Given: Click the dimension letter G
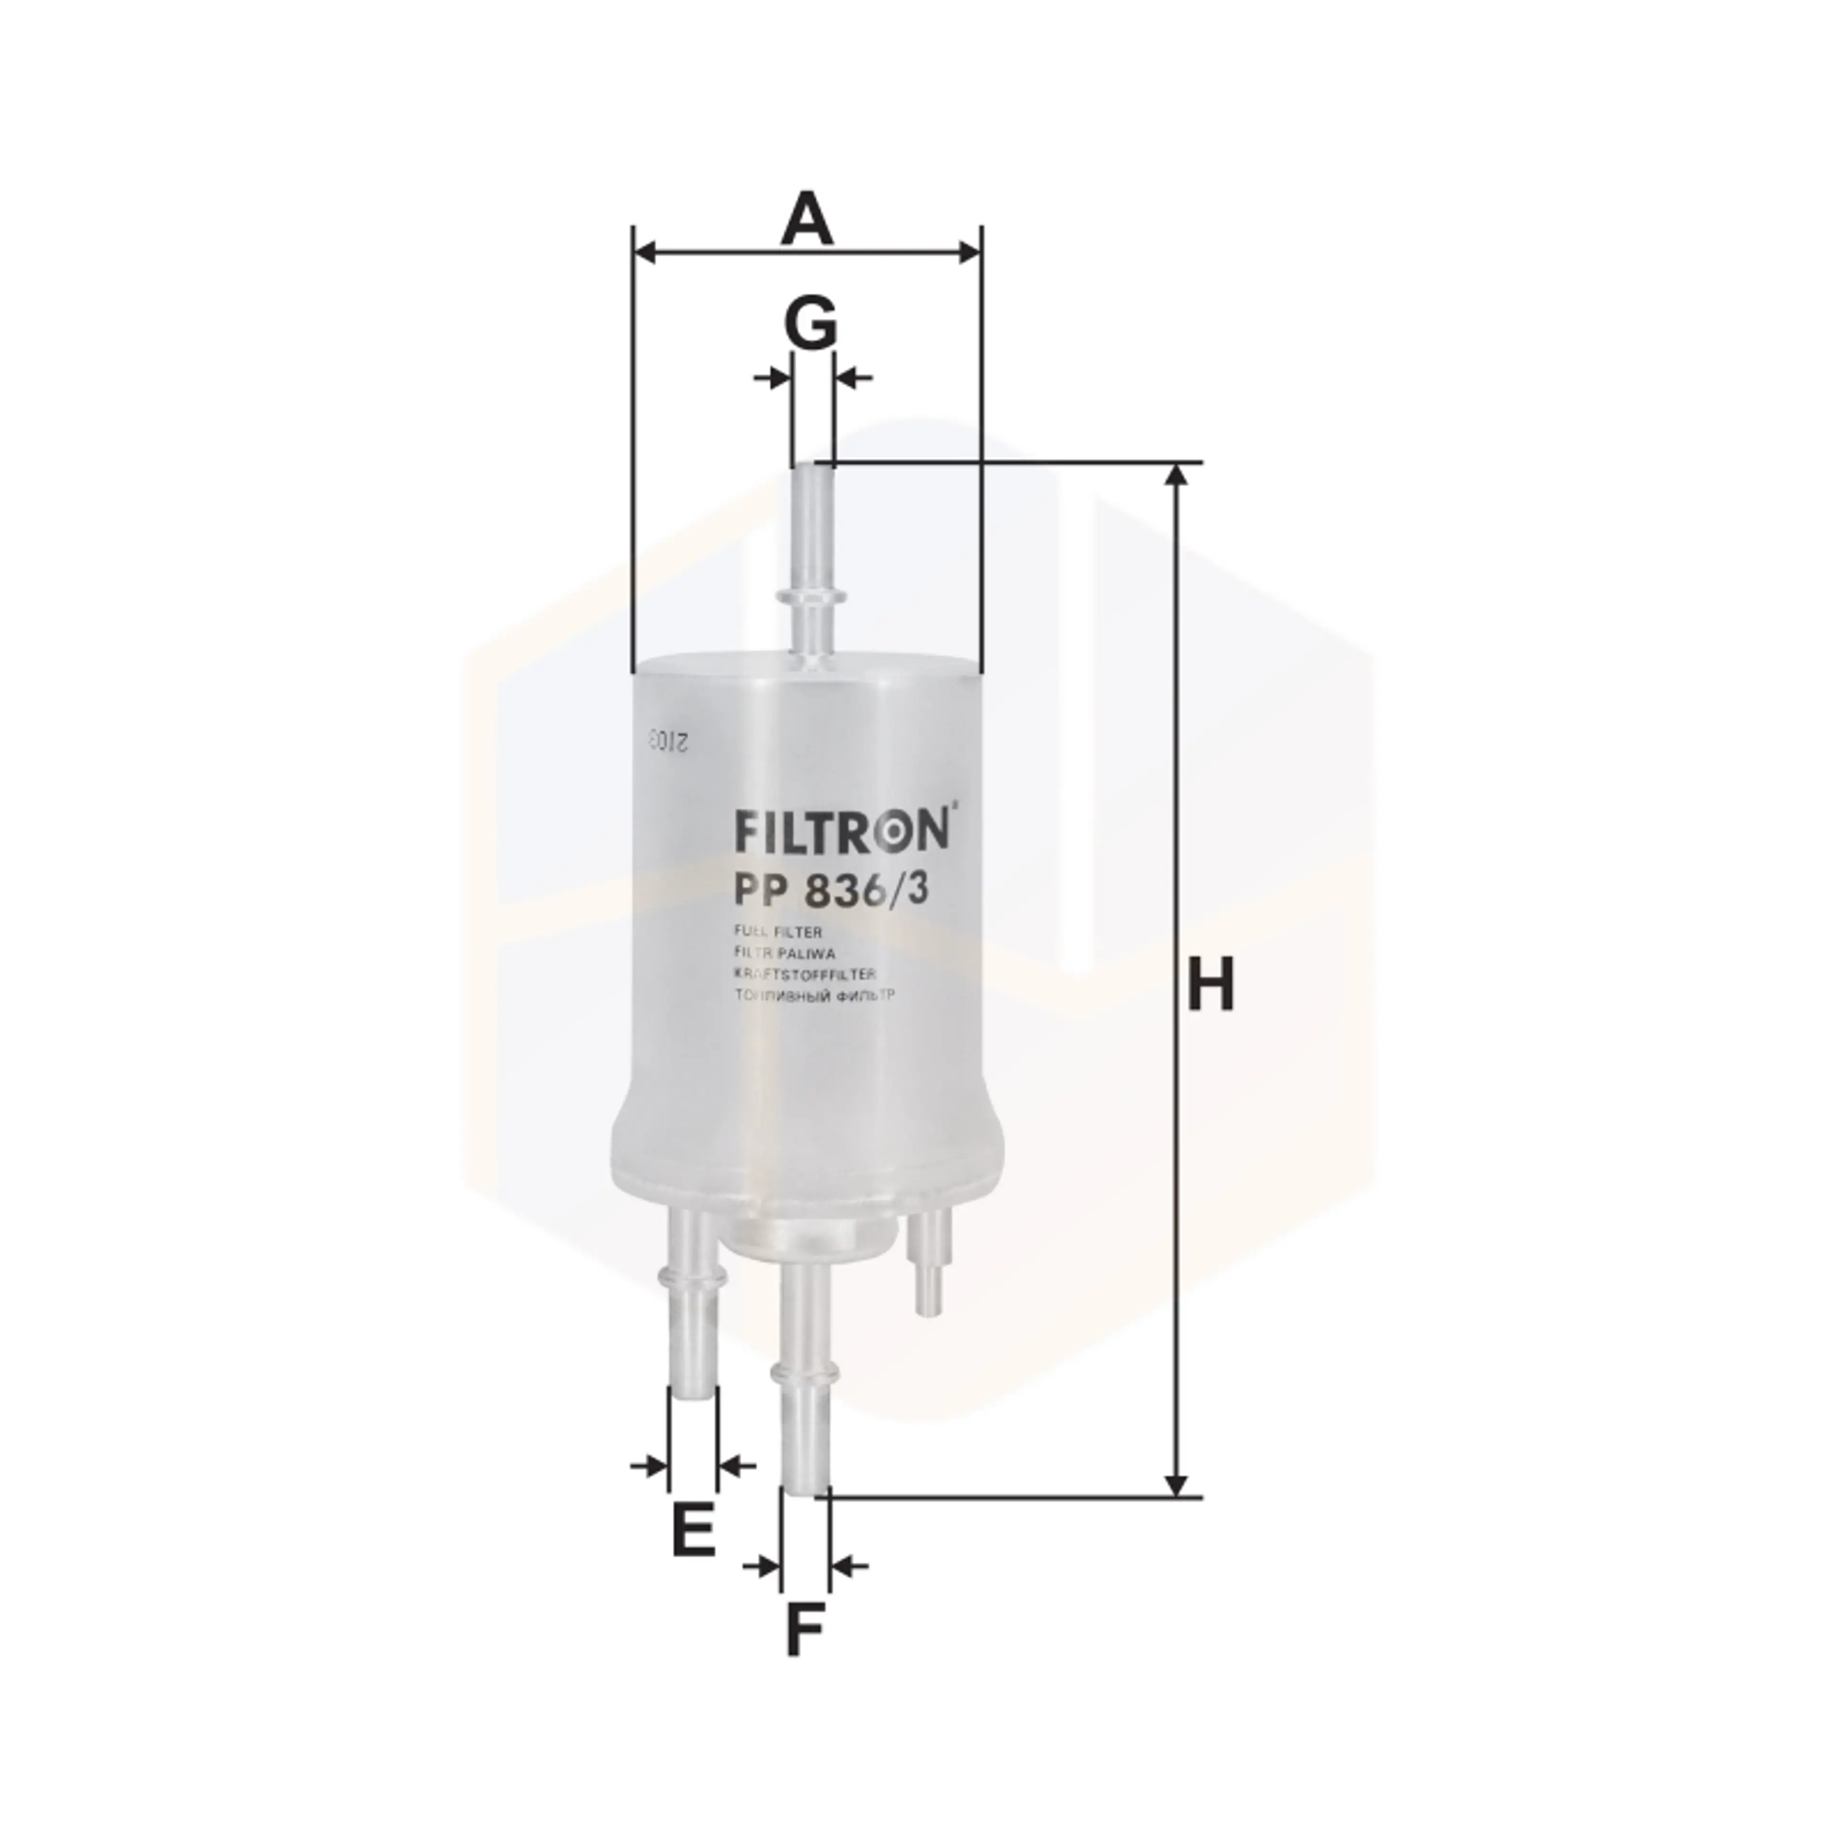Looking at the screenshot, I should tap(810, 322).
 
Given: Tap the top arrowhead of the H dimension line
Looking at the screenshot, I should tap(1178, 474).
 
